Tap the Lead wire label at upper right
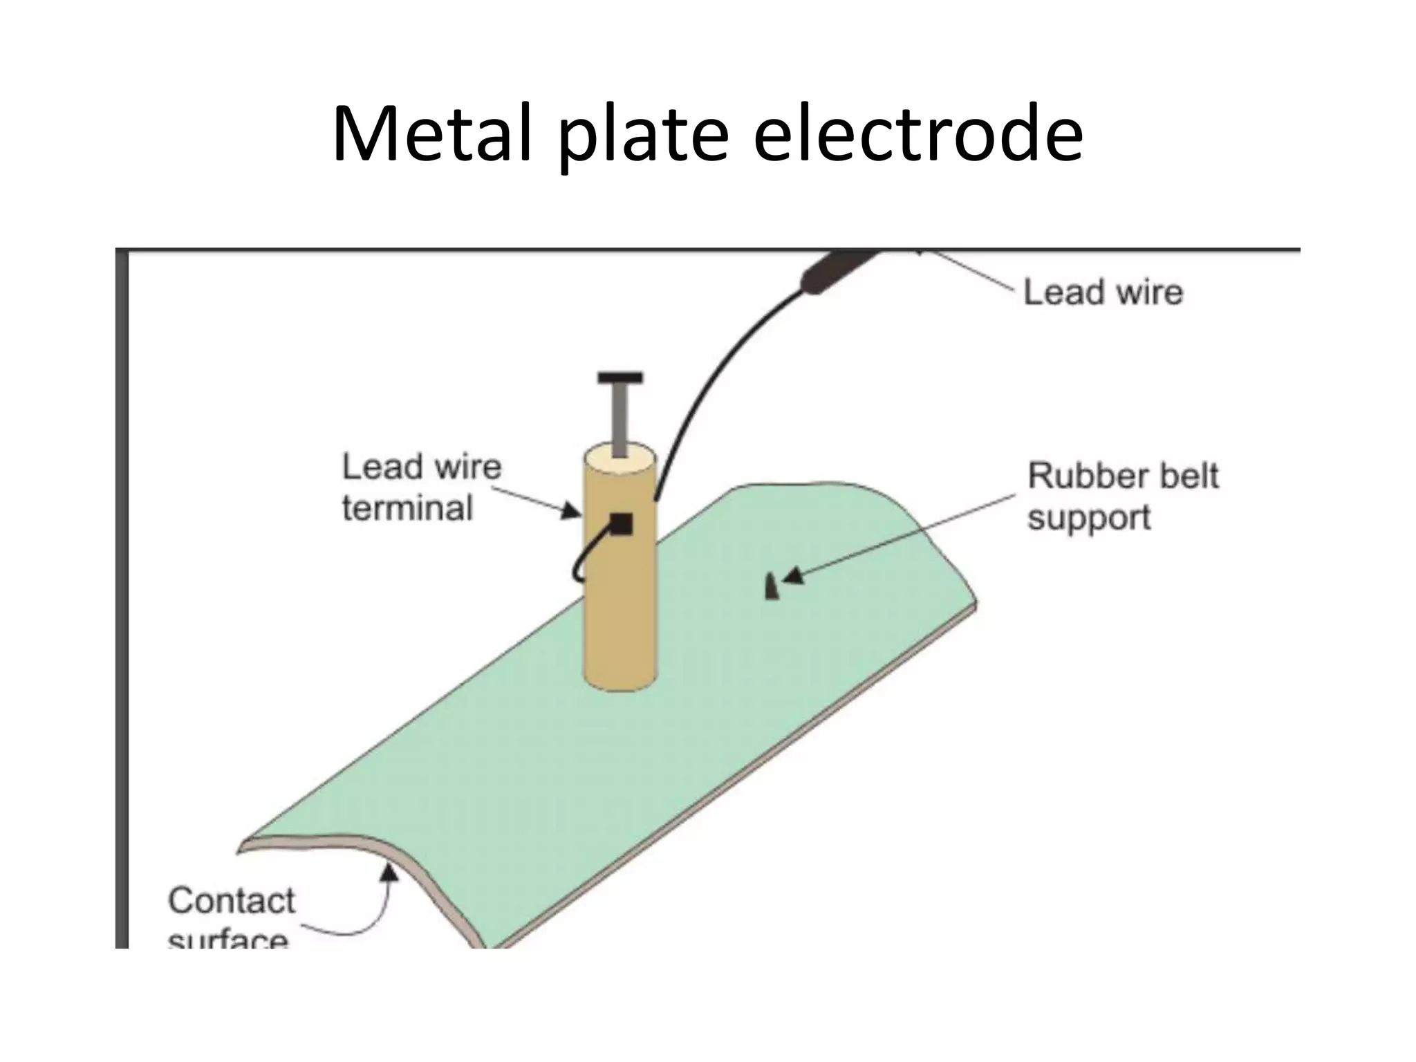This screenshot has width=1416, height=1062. tap(1102, 292)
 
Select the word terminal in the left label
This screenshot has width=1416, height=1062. tap(407, 508)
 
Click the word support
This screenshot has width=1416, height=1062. tap(1088, 518)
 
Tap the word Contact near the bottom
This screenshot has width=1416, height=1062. tap(232, 901)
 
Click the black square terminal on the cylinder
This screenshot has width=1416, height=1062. tap(621, 524)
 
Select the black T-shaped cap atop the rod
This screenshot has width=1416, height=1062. tap(620, 378)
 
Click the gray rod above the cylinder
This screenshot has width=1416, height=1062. tap(620, 418)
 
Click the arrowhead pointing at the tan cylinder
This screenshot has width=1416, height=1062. tap(571, 511)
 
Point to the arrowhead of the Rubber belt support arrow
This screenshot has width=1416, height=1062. tap(792, 575)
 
